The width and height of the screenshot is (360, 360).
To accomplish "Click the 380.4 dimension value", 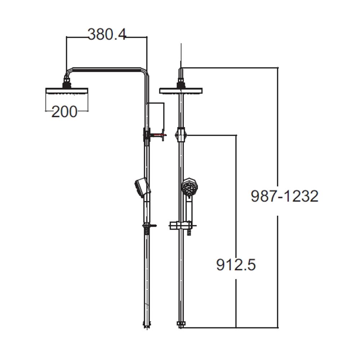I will (107, 35).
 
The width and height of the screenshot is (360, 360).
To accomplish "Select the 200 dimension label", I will (64, 112).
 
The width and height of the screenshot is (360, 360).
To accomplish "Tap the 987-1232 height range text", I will (284, 197).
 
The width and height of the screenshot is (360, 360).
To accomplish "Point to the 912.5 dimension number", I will (236, 265).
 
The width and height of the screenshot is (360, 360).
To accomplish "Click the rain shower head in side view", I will (67, 91).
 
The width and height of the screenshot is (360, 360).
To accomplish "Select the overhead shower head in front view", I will (181, 91).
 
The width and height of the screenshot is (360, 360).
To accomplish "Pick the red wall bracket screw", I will (158, 135).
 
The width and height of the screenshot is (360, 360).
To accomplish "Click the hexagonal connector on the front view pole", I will (181, 135).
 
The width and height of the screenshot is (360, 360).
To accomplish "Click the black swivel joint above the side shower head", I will (67, 85).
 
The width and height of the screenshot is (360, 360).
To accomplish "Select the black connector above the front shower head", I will (181, 85).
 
